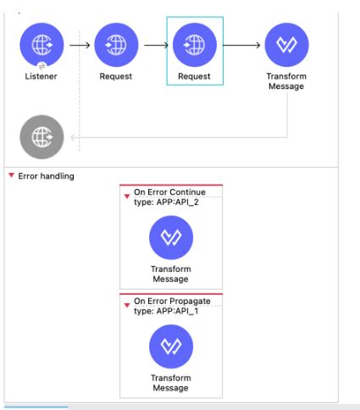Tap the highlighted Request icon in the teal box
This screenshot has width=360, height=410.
pos(194,45)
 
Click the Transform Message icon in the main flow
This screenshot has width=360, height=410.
pos(286,45)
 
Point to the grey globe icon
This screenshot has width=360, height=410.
pos(42,136)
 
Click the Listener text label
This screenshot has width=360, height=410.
pos(42,77)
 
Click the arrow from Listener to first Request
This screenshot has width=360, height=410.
pos(79,45)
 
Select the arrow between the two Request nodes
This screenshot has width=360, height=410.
pos(155,45)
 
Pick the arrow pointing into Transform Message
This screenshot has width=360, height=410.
pos(241,45)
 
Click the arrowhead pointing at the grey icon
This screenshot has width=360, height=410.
pos(74,136)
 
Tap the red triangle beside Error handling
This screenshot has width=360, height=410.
pos(11,175)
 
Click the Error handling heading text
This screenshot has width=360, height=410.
pos(46,176)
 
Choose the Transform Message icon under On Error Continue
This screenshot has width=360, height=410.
pos(171,237)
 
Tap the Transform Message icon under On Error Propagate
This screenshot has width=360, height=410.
pos(171,346)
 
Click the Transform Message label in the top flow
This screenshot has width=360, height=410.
pos(285,81)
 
